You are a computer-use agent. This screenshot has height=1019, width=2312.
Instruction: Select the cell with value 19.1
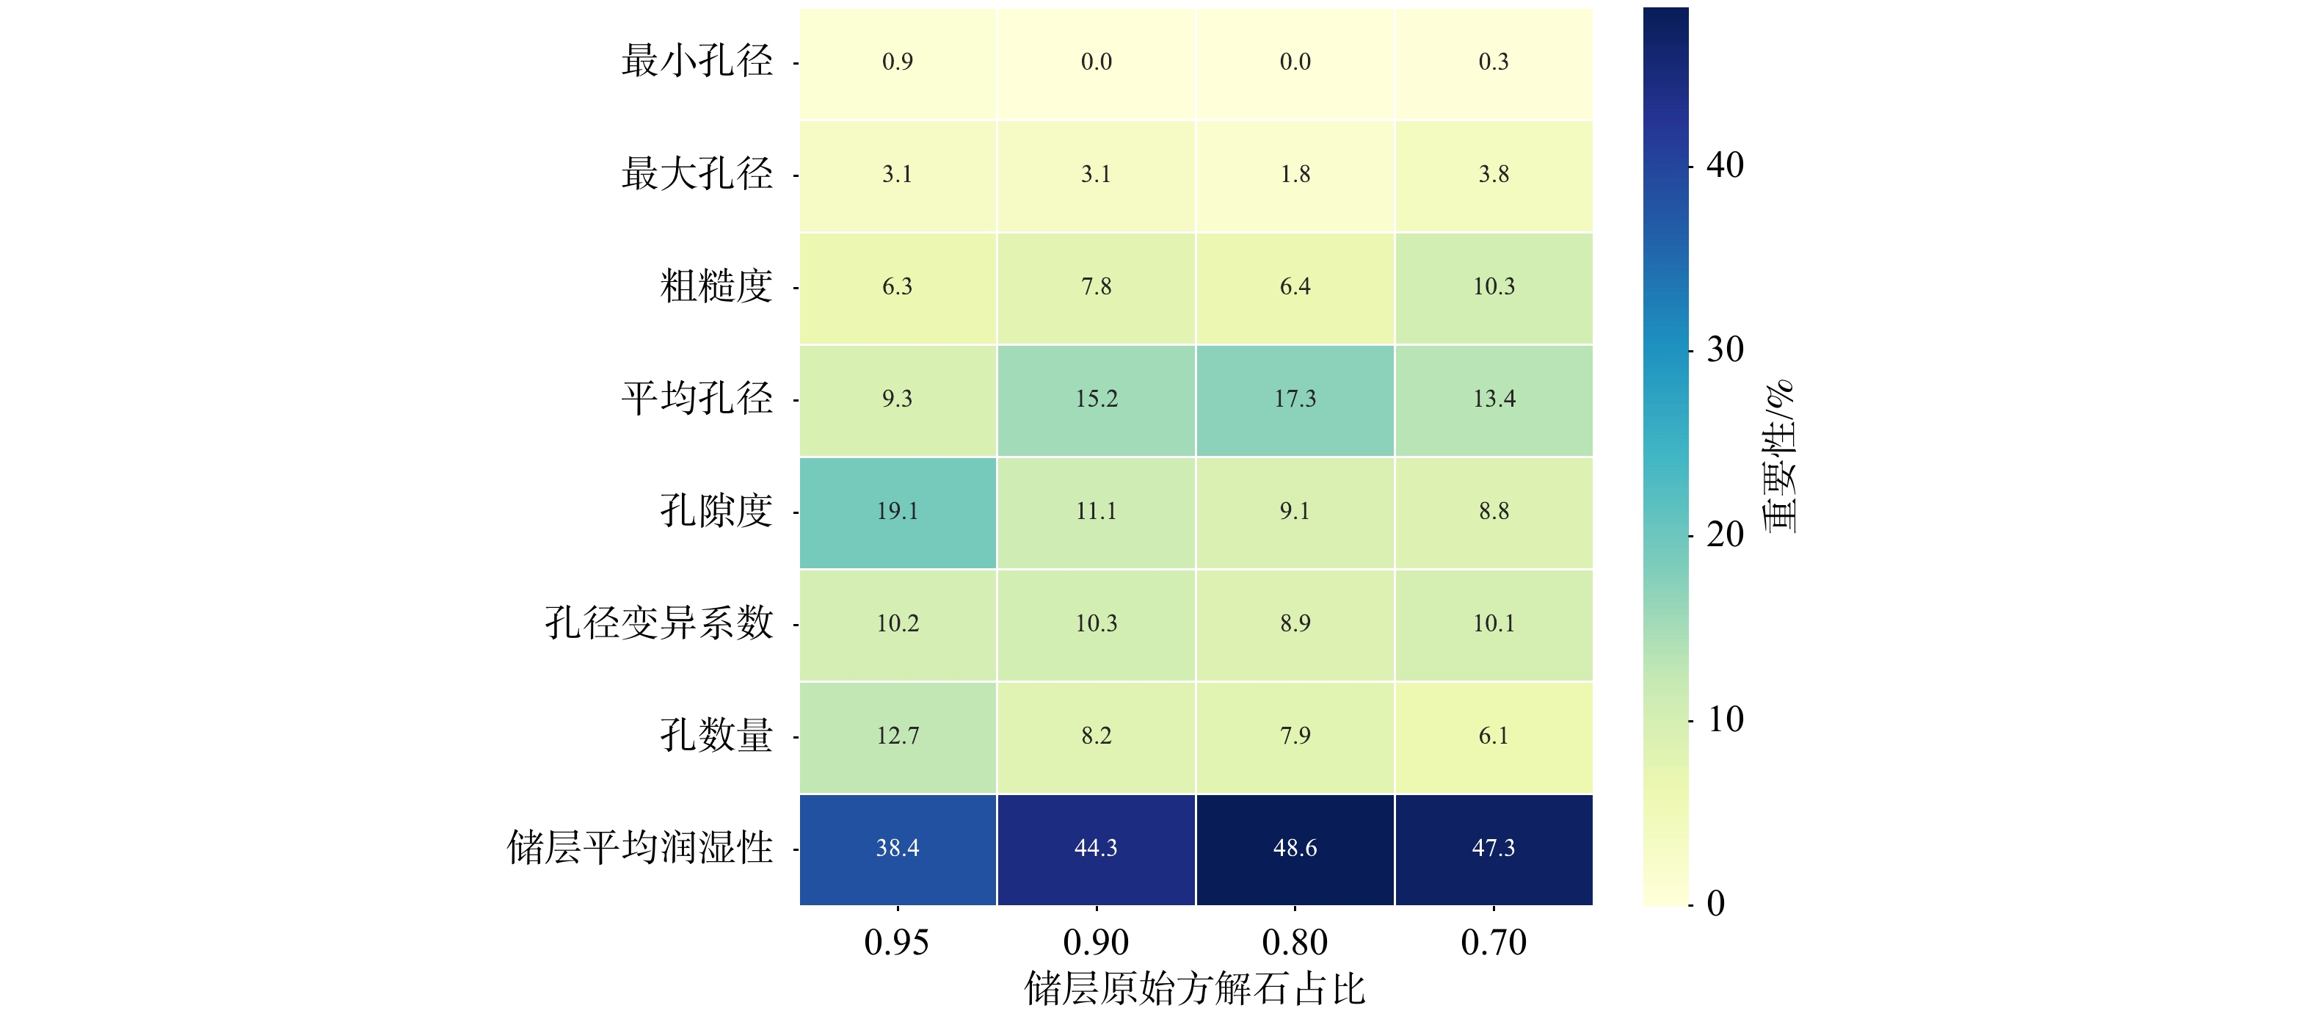pyautogui.click(x=898, y=512)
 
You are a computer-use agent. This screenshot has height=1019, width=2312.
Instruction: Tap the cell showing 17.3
pyautogui.click(x=1294, y=399)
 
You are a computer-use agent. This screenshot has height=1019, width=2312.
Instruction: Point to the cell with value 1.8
pyautogui.click(x=1294, y=175)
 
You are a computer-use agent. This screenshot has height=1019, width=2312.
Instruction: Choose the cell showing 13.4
pyautogui.click(x=1494, y=399)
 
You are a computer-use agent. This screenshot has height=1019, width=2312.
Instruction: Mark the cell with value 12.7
pyautogui.click(x=898, y=736)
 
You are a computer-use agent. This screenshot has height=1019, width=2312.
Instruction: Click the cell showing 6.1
pyautogui.click(x=1494, y=736)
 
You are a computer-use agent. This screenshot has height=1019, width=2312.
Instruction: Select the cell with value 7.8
pyautogui.click(x=1096, y=287)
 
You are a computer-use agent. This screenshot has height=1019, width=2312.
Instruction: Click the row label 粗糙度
pyautogui.click(x=716, y=287)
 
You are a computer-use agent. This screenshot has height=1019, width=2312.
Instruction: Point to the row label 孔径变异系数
pyautogui.click(x=659, y=624)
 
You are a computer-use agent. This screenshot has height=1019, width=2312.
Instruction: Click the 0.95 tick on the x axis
pyautogui.click(x=897, y=943)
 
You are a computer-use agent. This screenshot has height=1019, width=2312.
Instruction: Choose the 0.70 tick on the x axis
pyautogui.click(x=1494, y=943)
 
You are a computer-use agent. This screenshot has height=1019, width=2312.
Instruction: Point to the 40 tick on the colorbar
pyautogui.click(x=1724, y=166)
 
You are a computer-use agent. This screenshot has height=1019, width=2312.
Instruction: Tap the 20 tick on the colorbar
pyautogui.click(x=1724, y=535)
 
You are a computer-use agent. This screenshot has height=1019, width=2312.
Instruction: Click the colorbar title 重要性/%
pyautogui.click(x=1781, y=456)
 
